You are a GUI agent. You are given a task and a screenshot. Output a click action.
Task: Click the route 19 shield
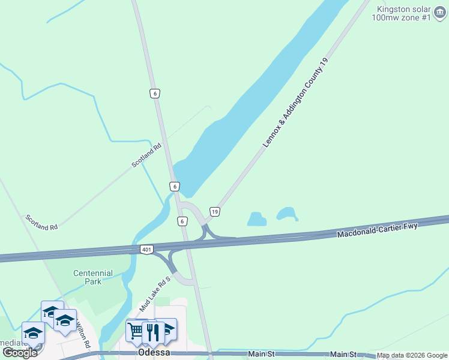coord(214,211)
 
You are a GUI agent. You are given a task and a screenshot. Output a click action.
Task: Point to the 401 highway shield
coord(147,249)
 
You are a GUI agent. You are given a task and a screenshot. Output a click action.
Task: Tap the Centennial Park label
coord(93,277)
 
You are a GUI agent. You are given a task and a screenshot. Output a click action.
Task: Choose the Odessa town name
coord(154,353)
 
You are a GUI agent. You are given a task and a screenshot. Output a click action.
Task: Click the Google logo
coord(20,353)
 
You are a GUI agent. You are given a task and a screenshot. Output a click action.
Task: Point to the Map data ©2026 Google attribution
coord(412,356)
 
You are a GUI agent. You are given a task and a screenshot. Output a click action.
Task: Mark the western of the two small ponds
coord(257,219)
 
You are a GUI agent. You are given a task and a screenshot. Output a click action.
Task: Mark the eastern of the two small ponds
coord(287,214)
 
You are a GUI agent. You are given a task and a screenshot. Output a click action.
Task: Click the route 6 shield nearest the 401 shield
coord(182,221)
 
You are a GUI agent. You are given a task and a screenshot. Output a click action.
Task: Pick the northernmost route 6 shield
coord(155,93)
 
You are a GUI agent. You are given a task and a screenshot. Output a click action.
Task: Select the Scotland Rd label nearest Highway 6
coord(147,155)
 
